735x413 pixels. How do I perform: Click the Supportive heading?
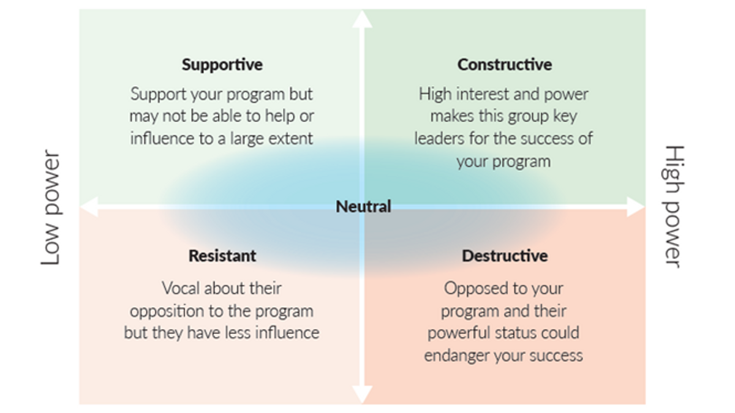click(222, 64)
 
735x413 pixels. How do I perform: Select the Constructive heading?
click(504, 64)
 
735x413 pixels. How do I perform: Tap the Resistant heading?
click(222, 255)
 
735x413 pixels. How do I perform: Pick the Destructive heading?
click(504, 255)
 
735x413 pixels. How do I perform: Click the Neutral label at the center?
click(363, 207)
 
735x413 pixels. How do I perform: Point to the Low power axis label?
click(51, 207)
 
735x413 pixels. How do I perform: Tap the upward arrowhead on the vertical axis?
click(363, 18)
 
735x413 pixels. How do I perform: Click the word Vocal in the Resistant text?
click(181, 288)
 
